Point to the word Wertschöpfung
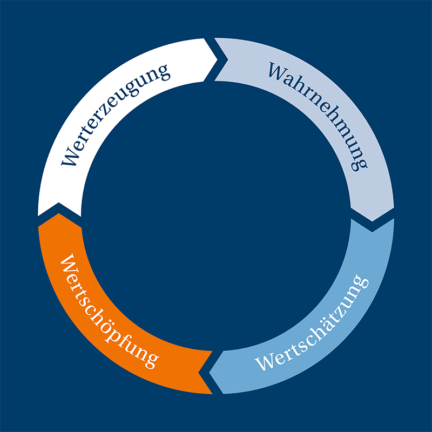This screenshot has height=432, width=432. [x=107, y=312]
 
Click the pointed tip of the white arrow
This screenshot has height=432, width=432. [x=218, y=59]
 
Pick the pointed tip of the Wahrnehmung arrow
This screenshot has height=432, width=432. [x=372, y=221]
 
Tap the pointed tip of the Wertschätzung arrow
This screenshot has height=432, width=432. [x=209, y=373]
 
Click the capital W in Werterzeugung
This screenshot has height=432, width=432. [x=69, y=158]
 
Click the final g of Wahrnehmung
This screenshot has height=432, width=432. [x=360, y=165]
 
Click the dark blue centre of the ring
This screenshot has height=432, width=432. [x=216, y=216]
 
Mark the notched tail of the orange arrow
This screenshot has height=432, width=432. [x=198, y=373]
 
